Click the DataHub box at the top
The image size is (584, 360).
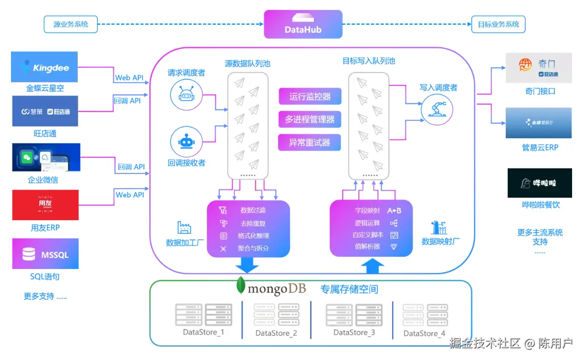click(303, 24)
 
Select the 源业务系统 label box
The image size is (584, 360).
click(71, 24)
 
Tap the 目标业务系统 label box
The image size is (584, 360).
click(498, 24)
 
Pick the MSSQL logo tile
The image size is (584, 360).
click(45, 255)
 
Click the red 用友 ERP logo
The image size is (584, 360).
click(45, 205)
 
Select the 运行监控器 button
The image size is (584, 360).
click(310, 96)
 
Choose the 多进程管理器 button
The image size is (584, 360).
click(310, 119)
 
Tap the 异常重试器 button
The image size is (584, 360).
click(310, 142)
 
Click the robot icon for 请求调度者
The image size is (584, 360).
click(186, 94)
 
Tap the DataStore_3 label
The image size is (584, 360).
click(354, 332)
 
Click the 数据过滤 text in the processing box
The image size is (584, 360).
click(253, 210)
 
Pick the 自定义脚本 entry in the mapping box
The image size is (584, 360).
click(366, 235)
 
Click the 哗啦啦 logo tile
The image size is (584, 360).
click(539, 183)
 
